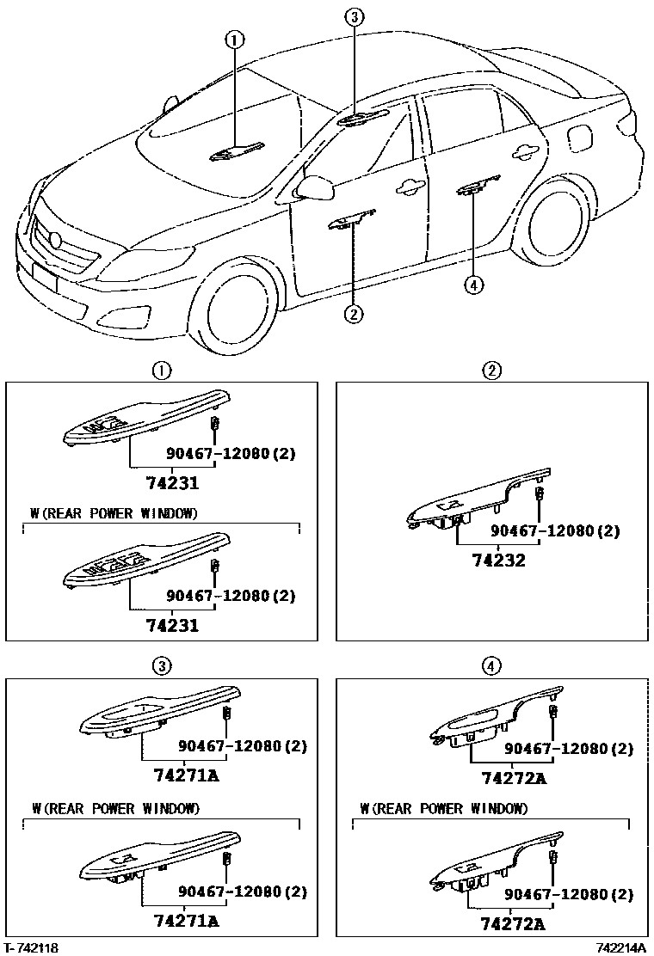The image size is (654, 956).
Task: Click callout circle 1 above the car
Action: coord(235,39)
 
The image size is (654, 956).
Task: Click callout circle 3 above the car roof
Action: coord(355,16)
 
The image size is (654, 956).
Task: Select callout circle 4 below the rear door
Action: coord(472,285)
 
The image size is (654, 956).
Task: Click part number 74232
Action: coord(497,561)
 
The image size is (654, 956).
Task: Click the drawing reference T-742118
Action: coord(32,947)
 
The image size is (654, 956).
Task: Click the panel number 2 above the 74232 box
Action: coord(491,371)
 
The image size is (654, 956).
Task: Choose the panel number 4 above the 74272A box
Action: coord(490,665)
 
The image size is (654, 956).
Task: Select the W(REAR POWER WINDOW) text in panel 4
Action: coord(445,808)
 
